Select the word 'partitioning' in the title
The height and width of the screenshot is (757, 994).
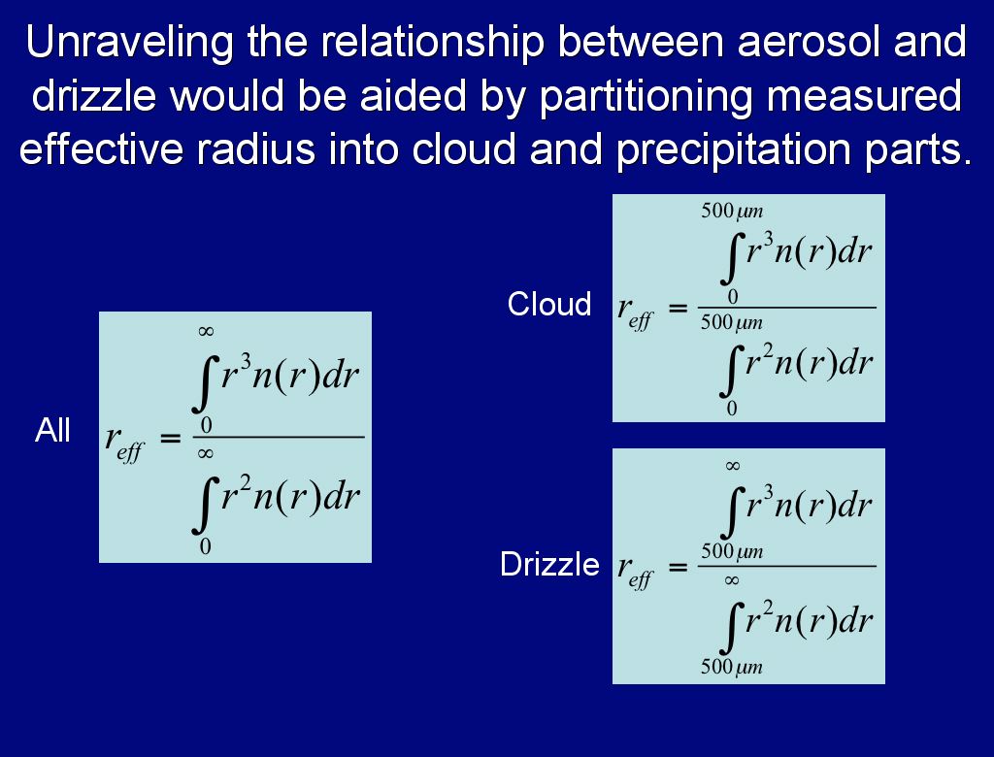click(x=646, y=97)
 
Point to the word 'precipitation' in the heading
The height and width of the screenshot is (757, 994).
click(x=735, y=150)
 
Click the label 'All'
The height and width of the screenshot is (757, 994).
click(x=52, y=431)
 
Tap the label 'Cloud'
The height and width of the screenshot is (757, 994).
click(x=549, y=305)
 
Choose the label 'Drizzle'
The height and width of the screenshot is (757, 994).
click(x=549, y=564)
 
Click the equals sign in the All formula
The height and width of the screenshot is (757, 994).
click(x=170, y=438)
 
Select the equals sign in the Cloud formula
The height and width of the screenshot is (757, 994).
click(x=678, y=308)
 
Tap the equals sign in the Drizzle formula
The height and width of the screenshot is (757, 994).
click(x=678, y=566)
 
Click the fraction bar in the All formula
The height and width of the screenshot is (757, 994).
click(x=279, y=437)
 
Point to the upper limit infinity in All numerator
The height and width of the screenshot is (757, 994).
click(x=206, y=331)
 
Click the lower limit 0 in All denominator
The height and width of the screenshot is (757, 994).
click(x=205, y=546)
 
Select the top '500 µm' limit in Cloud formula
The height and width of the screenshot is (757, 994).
click(x=732, y=212)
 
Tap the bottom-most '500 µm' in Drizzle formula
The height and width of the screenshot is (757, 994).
click(x=732, y=667)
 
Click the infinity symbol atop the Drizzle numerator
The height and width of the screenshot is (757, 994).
click(x=732, y=466)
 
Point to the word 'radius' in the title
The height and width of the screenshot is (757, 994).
click(x=255, y=149)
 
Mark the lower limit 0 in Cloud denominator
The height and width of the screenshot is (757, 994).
click(x=732, y=409)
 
